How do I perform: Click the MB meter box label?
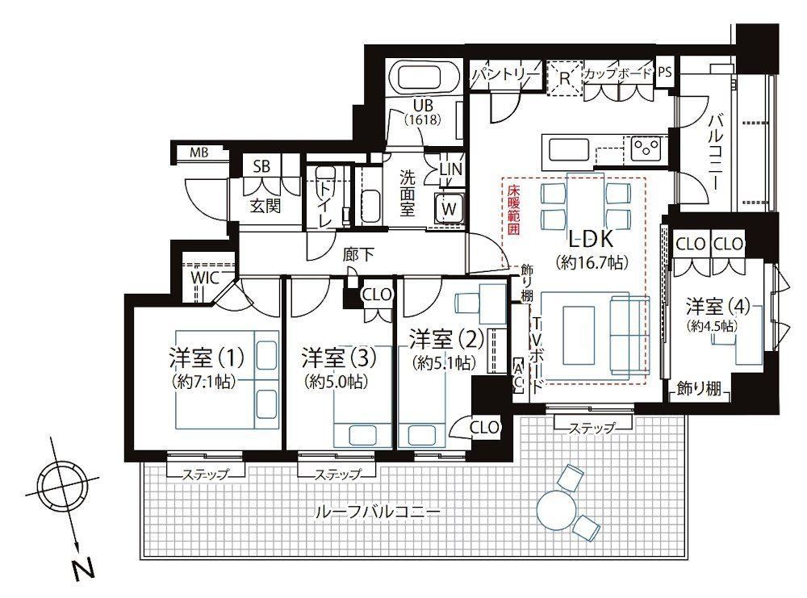pyautogui.click(x=199, y=153)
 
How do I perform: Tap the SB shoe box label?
pyautogui.click(x=261, y=166)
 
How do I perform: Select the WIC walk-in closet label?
pyautogui.click(x=205, y=278)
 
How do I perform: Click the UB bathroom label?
pyautogui.click(x=422, y=107)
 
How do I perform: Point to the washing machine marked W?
pyautogui.click(x=449, y=208)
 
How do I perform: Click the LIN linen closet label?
pyautogui.click(x=451, y=169)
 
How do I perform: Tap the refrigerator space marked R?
pyautogui.click(x=565, y=79)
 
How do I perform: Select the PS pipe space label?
pyautogui.click(x=665, y=72)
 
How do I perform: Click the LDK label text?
pyautogui.click(x=592, y=239)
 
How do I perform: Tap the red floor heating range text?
pyautogui.click(x=513, y=210)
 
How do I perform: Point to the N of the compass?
pyautogui.click(x=83, y=569)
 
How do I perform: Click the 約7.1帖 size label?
pyautogui.click(x=205, y=382)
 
